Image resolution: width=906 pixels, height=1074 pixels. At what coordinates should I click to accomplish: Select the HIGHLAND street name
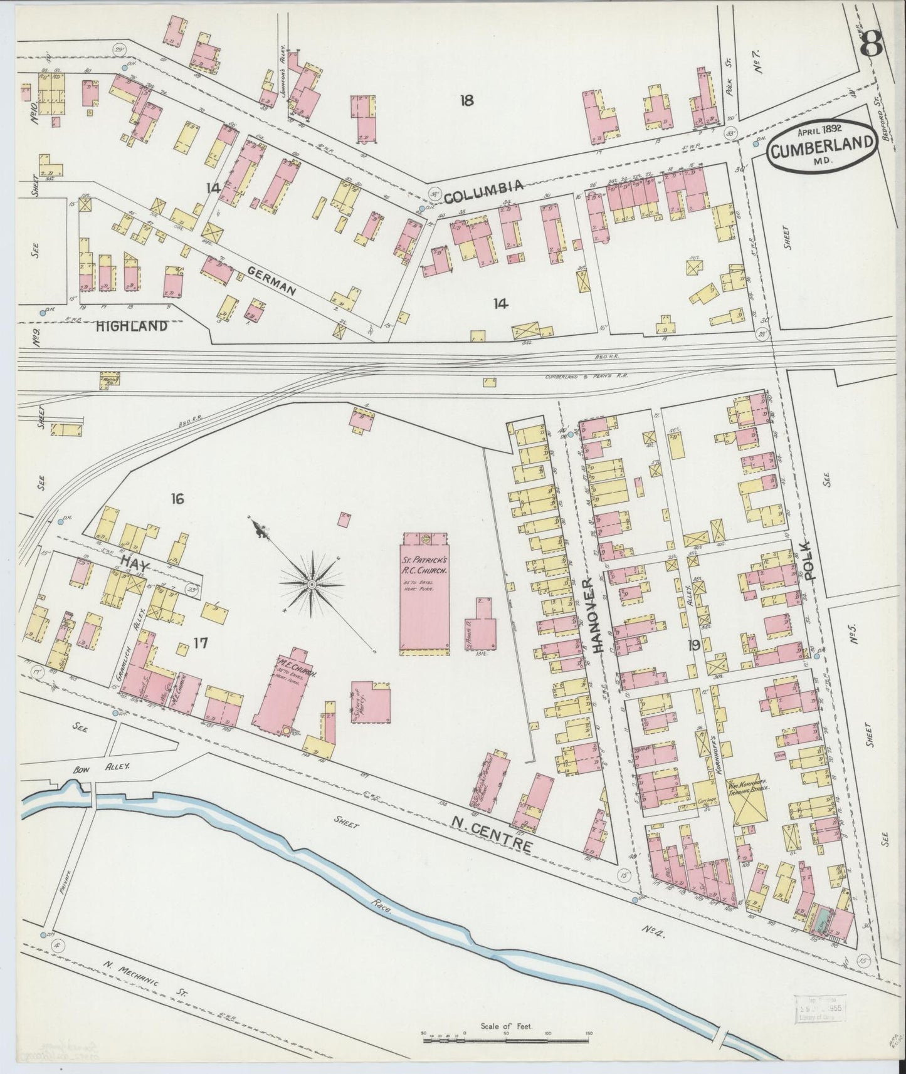[x=132, y=326]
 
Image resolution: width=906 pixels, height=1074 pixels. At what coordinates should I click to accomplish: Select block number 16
[x=177, y=499]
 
